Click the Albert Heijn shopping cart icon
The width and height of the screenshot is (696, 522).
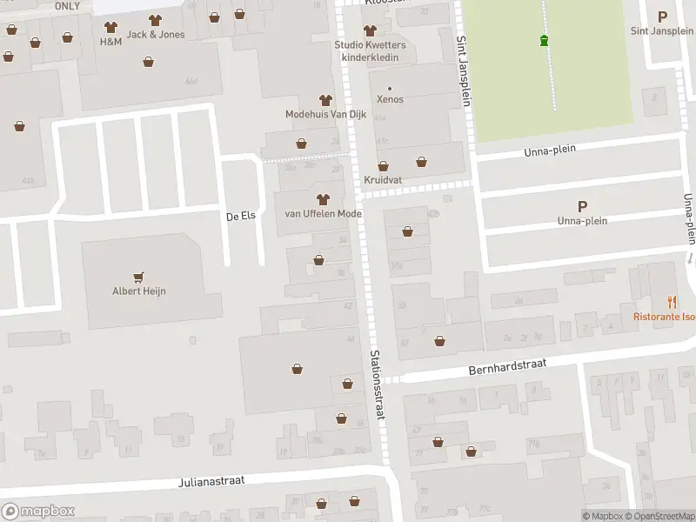point(139,276)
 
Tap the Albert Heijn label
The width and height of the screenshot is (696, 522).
point(139,291)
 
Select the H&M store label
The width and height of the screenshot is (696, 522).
point(110,42)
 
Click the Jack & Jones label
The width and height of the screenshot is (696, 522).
point(156,35)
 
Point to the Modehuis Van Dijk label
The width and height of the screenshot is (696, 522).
point(326,114)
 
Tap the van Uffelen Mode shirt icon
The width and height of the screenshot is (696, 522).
point(324,199)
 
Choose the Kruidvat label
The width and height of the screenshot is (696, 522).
point(383,180)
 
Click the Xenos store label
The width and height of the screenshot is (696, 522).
point(390,99)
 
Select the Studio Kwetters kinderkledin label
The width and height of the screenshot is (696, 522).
point(370,50)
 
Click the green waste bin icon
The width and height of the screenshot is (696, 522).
point(545,40)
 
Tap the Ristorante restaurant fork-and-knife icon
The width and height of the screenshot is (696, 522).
point(672,303)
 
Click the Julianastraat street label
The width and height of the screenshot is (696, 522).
point(212,480)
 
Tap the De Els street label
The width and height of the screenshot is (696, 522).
point(240,216)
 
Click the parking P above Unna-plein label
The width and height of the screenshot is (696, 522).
point(582,206)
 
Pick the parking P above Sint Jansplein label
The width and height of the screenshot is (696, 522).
point(662,17)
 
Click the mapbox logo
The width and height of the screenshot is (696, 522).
point(38,512)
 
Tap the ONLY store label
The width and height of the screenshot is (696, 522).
point(67,6)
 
